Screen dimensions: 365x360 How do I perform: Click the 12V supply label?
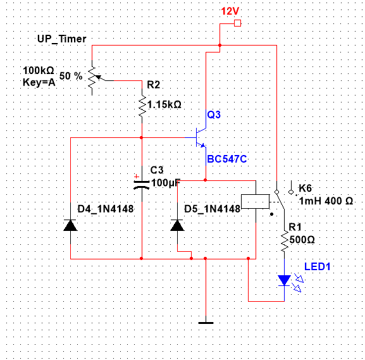coord(230,11)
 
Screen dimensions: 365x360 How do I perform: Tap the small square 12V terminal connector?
coord(237,23)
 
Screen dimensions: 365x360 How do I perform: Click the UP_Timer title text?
coord(62,39)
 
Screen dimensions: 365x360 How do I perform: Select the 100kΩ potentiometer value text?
coord(39,70)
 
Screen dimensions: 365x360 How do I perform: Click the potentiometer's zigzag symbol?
coord(92,77)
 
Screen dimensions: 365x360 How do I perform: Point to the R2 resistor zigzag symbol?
coord(142,106)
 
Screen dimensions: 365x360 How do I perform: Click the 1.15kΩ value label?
coord(164,104)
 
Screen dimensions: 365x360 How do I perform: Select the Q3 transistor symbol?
coord(201,137)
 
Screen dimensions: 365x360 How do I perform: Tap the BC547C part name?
coord(227,159)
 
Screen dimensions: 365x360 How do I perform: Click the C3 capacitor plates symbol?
coord(142,185)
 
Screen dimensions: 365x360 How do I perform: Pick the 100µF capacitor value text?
coord(166,183)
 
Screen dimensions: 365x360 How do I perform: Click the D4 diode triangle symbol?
coord(70,225)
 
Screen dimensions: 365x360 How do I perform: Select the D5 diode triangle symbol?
coord(177,225)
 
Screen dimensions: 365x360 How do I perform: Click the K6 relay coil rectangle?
coord(256,201)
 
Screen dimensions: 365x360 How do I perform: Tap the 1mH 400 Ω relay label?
coord(326,201)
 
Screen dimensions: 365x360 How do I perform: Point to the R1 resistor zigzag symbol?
coord(284,242)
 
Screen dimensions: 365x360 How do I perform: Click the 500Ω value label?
coord(302,240)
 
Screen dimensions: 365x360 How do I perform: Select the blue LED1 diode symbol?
coord(285,280)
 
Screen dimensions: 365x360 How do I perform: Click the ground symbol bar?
coord(206,323)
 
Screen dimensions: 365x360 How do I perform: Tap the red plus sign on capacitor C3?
coord(137,177)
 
